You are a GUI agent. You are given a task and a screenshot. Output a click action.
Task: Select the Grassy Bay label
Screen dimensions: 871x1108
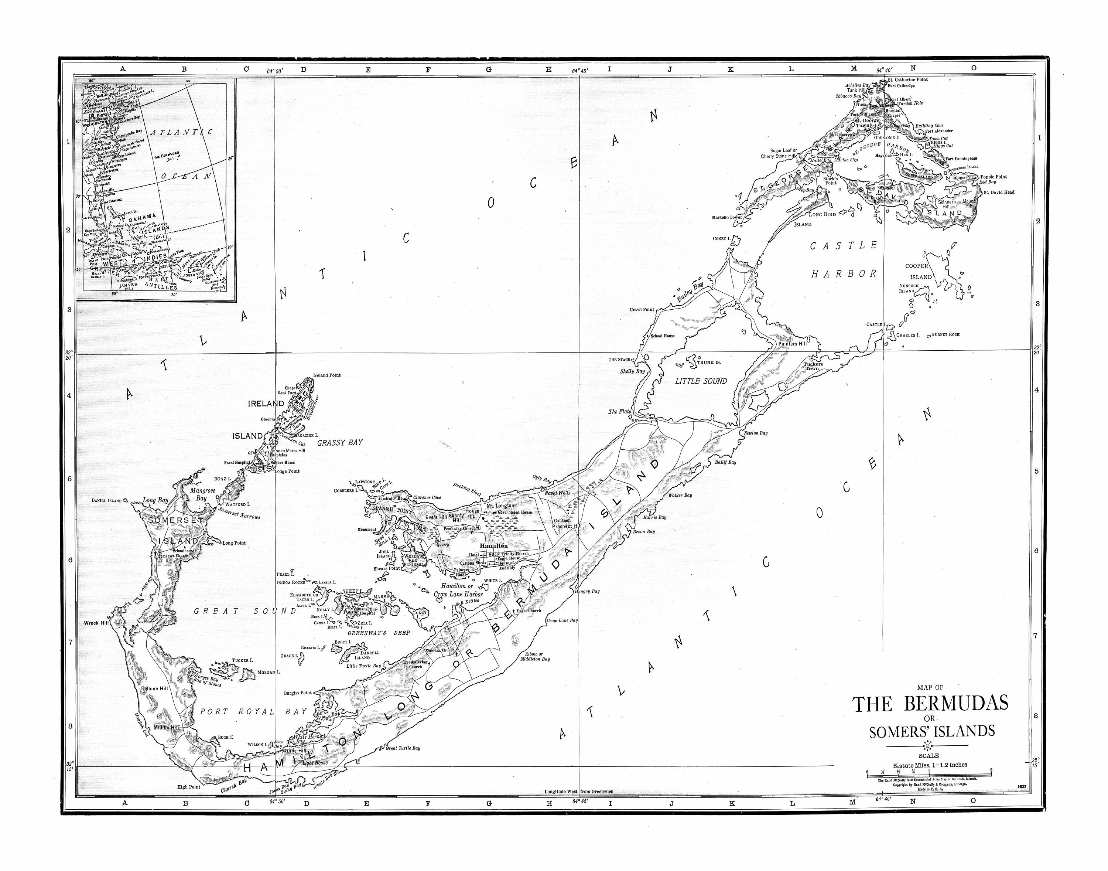pos(339,443)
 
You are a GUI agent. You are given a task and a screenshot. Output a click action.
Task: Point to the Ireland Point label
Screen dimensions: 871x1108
pos(327,375)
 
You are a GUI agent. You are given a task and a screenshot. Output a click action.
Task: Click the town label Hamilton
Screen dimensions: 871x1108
pos(493,546)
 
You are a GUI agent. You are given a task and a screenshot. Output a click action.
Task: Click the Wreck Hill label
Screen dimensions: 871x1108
pos(96,623)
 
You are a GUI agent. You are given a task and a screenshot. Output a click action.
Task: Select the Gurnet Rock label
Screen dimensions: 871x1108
pos(945,334)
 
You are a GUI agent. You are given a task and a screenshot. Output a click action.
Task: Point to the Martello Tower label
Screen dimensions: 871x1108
pos(727,217)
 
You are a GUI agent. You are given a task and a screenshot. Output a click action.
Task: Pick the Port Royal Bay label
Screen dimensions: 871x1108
pos(253,711)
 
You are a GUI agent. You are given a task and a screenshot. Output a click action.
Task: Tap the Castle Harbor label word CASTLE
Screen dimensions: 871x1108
pos(844,246)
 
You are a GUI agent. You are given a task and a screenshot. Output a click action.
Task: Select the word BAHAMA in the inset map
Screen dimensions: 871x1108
pos(142,217)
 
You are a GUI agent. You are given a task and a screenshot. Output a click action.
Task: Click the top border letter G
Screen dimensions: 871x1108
pos(488,69)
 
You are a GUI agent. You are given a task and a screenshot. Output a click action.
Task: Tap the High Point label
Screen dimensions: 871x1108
pos(189,787)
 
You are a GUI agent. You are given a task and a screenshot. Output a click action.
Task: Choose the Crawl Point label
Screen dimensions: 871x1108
pos(642,310)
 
